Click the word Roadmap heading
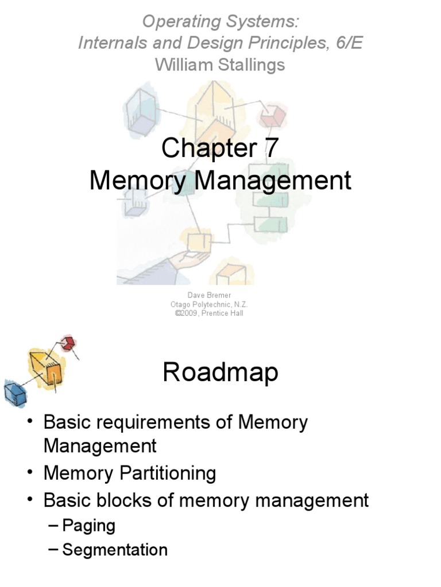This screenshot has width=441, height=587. click(x=220, y=372)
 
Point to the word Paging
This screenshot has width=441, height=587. click(x=89, y=525)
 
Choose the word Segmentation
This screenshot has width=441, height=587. click(x=115, y=550)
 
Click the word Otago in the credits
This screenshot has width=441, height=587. click(x=181, y=304)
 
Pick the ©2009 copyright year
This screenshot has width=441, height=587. click(x=186, y=313)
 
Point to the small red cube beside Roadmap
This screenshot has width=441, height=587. click(x=68, y=344)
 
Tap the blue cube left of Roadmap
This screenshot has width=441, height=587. click(x=15, y=393)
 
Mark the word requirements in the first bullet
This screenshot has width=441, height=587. click(x=137, y=422)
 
